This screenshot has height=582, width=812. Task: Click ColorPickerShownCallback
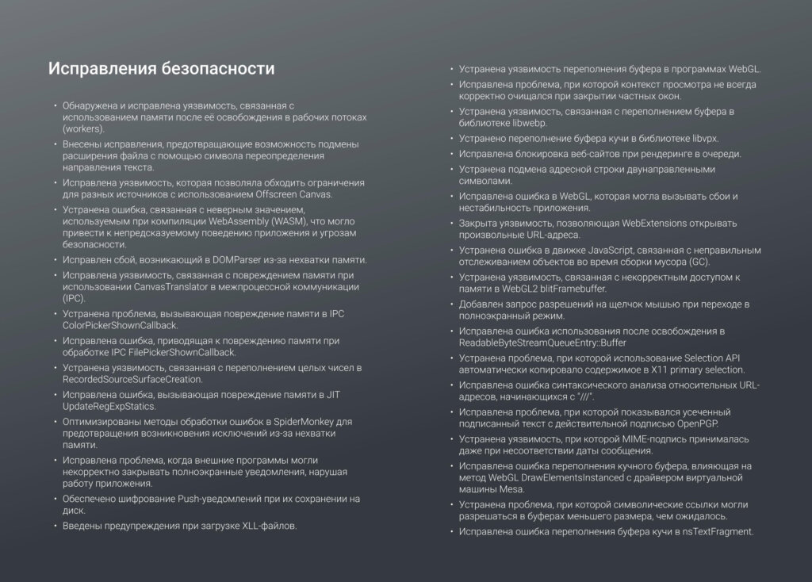(121, 325)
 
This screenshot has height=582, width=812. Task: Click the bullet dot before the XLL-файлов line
(56, 526)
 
